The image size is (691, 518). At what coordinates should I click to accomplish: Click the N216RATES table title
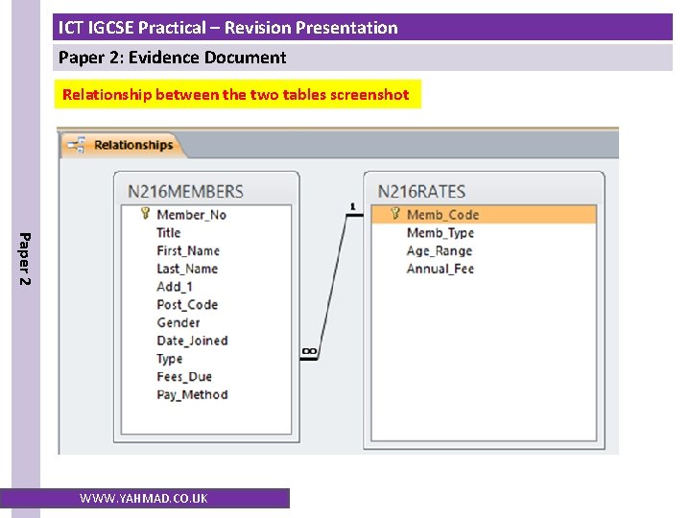point(421,191)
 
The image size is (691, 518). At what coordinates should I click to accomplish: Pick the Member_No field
point(191,215)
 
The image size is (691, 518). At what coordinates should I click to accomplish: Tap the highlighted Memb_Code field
point(441,215)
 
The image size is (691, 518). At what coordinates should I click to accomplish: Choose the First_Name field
point(187,250)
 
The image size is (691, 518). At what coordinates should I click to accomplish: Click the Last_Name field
point(186,269)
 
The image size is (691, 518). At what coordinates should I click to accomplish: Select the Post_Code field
point(186,305)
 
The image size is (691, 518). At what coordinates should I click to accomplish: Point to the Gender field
point(178,322)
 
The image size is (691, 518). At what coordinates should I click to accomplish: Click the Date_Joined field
point(192,341)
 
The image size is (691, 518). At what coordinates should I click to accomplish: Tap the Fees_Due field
point(183,377)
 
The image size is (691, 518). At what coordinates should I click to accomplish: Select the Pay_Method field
point(192,394)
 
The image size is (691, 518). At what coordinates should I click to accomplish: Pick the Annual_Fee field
point(440,269)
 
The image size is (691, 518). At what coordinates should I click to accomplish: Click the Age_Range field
point(439,250)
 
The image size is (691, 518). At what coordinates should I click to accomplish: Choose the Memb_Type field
point(440,233)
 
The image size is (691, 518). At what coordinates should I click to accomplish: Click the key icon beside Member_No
point(145,215)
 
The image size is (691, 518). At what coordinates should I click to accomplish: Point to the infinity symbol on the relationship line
point(309,353)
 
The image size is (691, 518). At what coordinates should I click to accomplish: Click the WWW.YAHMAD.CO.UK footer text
point(143,498)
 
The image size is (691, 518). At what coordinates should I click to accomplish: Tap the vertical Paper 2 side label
point(26,258)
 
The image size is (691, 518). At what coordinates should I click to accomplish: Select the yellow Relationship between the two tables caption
point(236,94)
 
